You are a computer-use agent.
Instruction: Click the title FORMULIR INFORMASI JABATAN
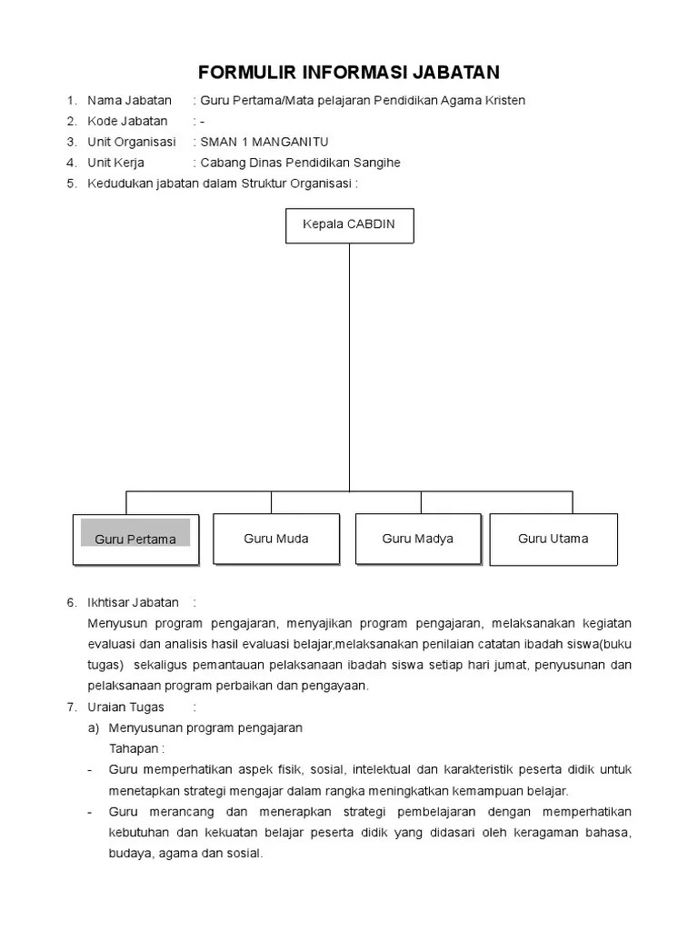coord(349,72)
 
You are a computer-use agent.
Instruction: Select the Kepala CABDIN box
coord(349,224)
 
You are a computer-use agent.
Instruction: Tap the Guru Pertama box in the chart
coord(135,539)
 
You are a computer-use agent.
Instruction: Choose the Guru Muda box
coord(276,539)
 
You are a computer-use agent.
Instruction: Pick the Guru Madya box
coord(418,539)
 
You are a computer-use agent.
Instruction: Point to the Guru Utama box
coord(553,539)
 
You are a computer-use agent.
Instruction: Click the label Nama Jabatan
coord(129,100)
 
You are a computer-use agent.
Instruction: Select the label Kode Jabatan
coord(127,121)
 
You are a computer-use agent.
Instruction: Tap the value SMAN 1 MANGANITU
coord(264,142)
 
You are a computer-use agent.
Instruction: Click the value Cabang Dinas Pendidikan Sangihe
coord(301,163)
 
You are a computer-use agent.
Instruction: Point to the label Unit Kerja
coord(115,163)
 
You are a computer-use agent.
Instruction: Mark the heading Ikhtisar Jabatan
coord(134,602)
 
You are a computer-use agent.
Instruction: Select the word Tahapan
coord(136,748)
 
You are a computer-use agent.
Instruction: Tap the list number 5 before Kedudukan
coord(71,183)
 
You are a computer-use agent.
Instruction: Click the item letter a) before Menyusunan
coord(93,727)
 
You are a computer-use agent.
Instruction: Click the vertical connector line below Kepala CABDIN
coord(349,363)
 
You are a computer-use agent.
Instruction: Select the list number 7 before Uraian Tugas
coord(71,707)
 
